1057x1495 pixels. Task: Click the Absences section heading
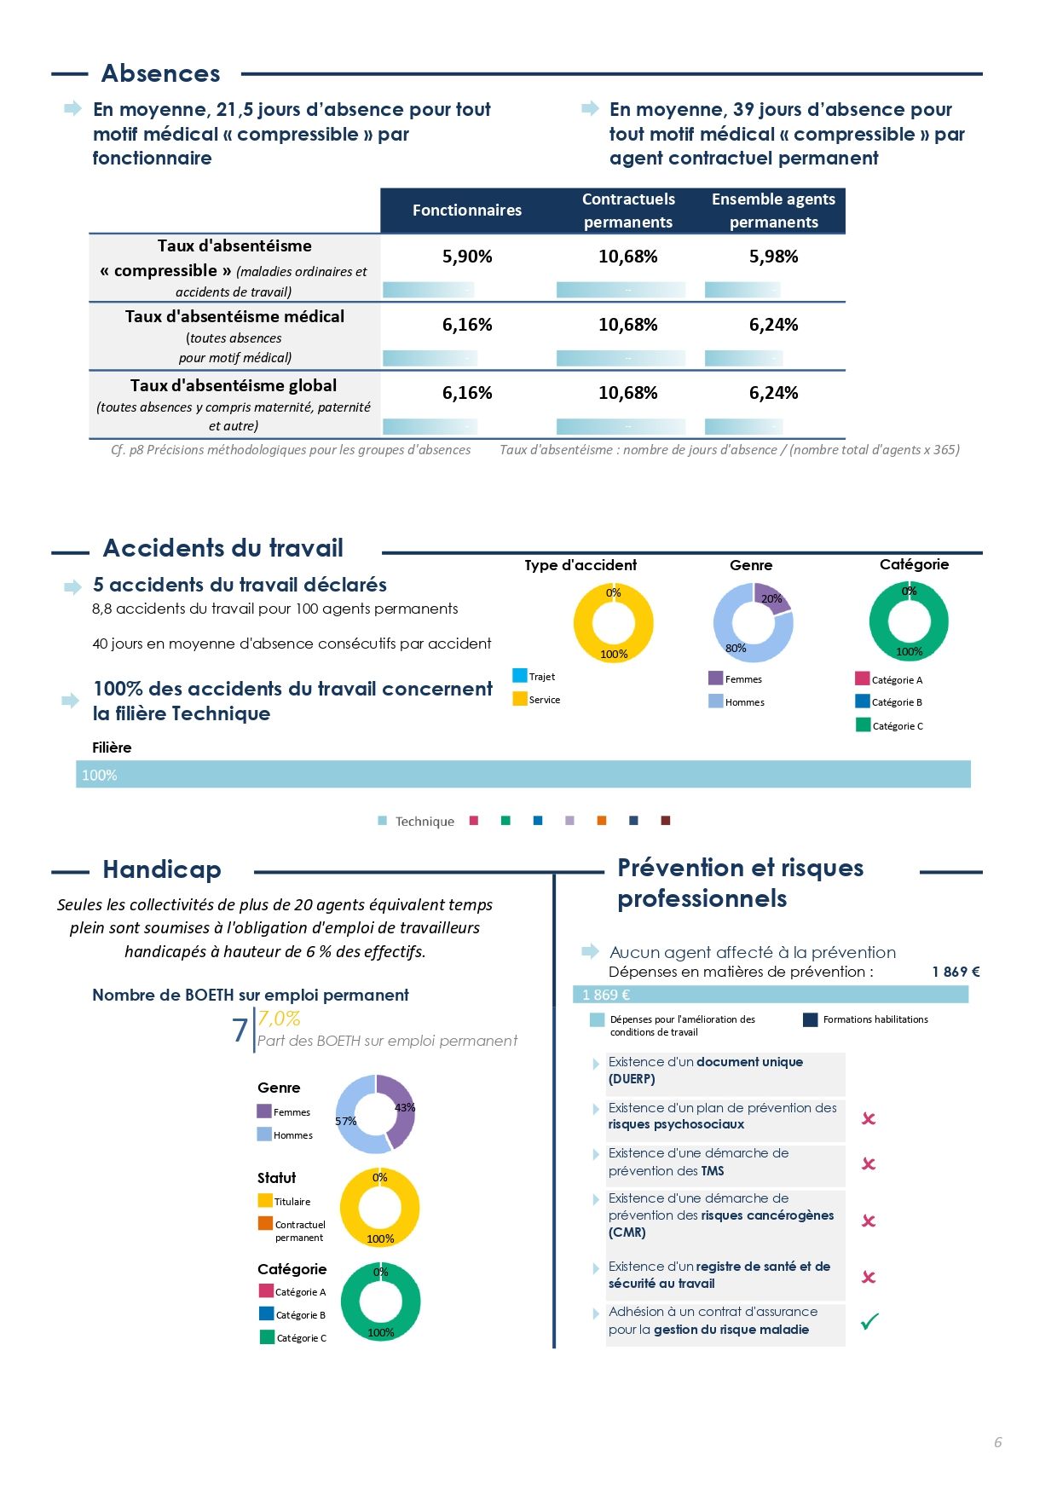click(x=160, y=73)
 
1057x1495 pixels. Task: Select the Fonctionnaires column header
click(x=466, y=211)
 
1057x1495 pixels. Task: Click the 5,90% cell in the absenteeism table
click(x=466, y=257)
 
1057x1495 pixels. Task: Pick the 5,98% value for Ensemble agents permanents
click(x=773, y=257)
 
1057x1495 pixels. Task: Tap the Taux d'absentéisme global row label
click(x=234, y=386)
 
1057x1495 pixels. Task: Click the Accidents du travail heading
click(x=223, y=548)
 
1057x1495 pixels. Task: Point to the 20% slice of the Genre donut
click(x=771, y=597)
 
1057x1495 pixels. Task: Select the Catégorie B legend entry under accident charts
click(x=889, y=702)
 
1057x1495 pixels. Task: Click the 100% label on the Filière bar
click(x=100, y=776)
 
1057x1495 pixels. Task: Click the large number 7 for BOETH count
click(x=240, y=1030)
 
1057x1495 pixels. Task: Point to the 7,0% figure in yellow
click(x=279, y=1019)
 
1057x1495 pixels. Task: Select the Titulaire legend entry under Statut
click(x=285, y=1201)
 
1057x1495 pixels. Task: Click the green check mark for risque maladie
click(x=869, y=1322)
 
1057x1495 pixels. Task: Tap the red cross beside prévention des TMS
click(x=869, y=1163)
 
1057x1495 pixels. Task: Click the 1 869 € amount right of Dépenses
click(x=956, y=972)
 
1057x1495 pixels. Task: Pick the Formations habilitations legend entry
click(x=866, y=1019)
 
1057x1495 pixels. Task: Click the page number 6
click(x=997, y=1442)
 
